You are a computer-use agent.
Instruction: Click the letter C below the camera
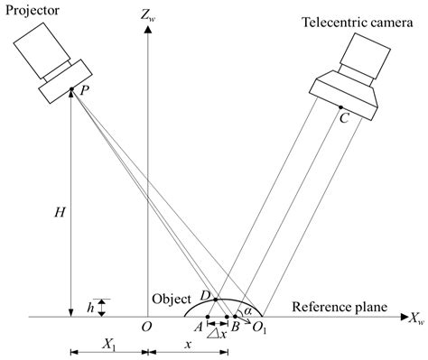[x=344, y=117]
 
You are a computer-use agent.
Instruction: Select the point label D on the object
[x=204, y=296]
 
